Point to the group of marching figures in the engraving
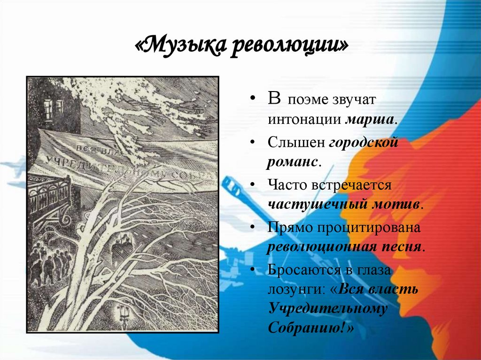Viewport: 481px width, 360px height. click(49, 265)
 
